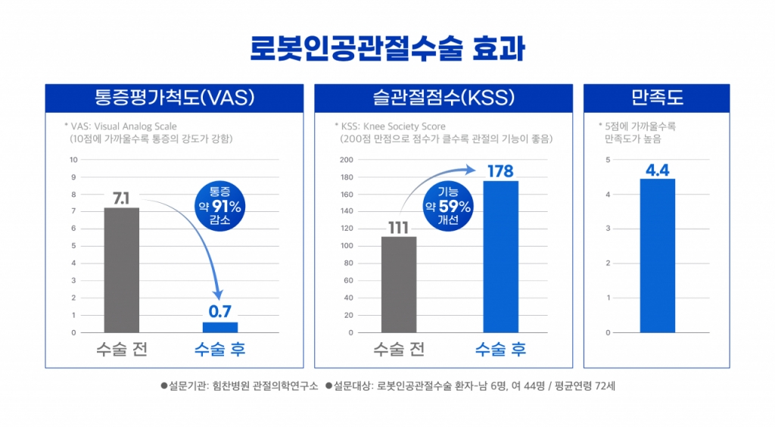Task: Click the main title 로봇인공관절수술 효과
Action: pyautogui.click(x=387, y=48)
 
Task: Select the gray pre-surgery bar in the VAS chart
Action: pyautogui.click(x=121, y=270)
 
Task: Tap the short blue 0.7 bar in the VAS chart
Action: pyautogui.click(x=219, y=327)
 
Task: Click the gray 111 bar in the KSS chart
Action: pyautogui.click(x=399, y=284)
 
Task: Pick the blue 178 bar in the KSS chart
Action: pyautogui.click(x=500, y=256)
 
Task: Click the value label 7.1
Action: pyautogui.click(x=121, y=198)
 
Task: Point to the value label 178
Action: pyautogui.click(x=500, y=171)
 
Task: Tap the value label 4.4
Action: pyautogui.click(x=657, y=170)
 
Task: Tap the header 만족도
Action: pyautogui.click(x=656, y=98)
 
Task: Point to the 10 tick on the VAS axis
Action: pyautogui.click(x=73, y=160)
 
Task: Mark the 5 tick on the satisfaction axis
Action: pyautogui.click(x=608, y=160)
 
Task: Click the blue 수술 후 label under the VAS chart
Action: pyautogui.click(x=219, y=350)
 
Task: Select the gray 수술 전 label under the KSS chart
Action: pyautogui.click(x=399, y=350)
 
